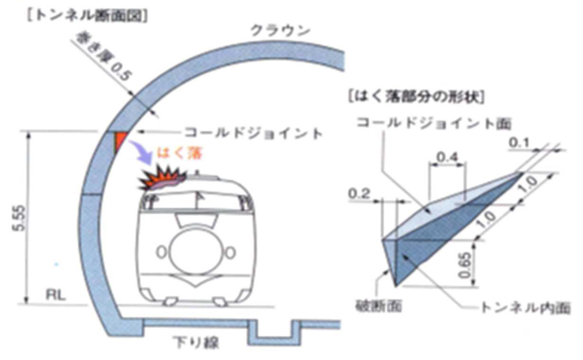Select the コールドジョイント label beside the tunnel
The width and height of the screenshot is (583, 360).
[253, 133]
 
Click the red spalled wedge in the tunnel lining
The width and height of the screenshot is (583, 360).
[119, 141]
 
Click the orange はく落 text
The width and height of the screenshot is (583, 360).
[180, 154]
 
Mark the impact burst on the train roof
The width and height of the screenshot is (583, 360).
[160, 180]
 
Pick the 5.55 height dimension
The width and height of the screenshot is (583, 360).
[20, 217]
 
